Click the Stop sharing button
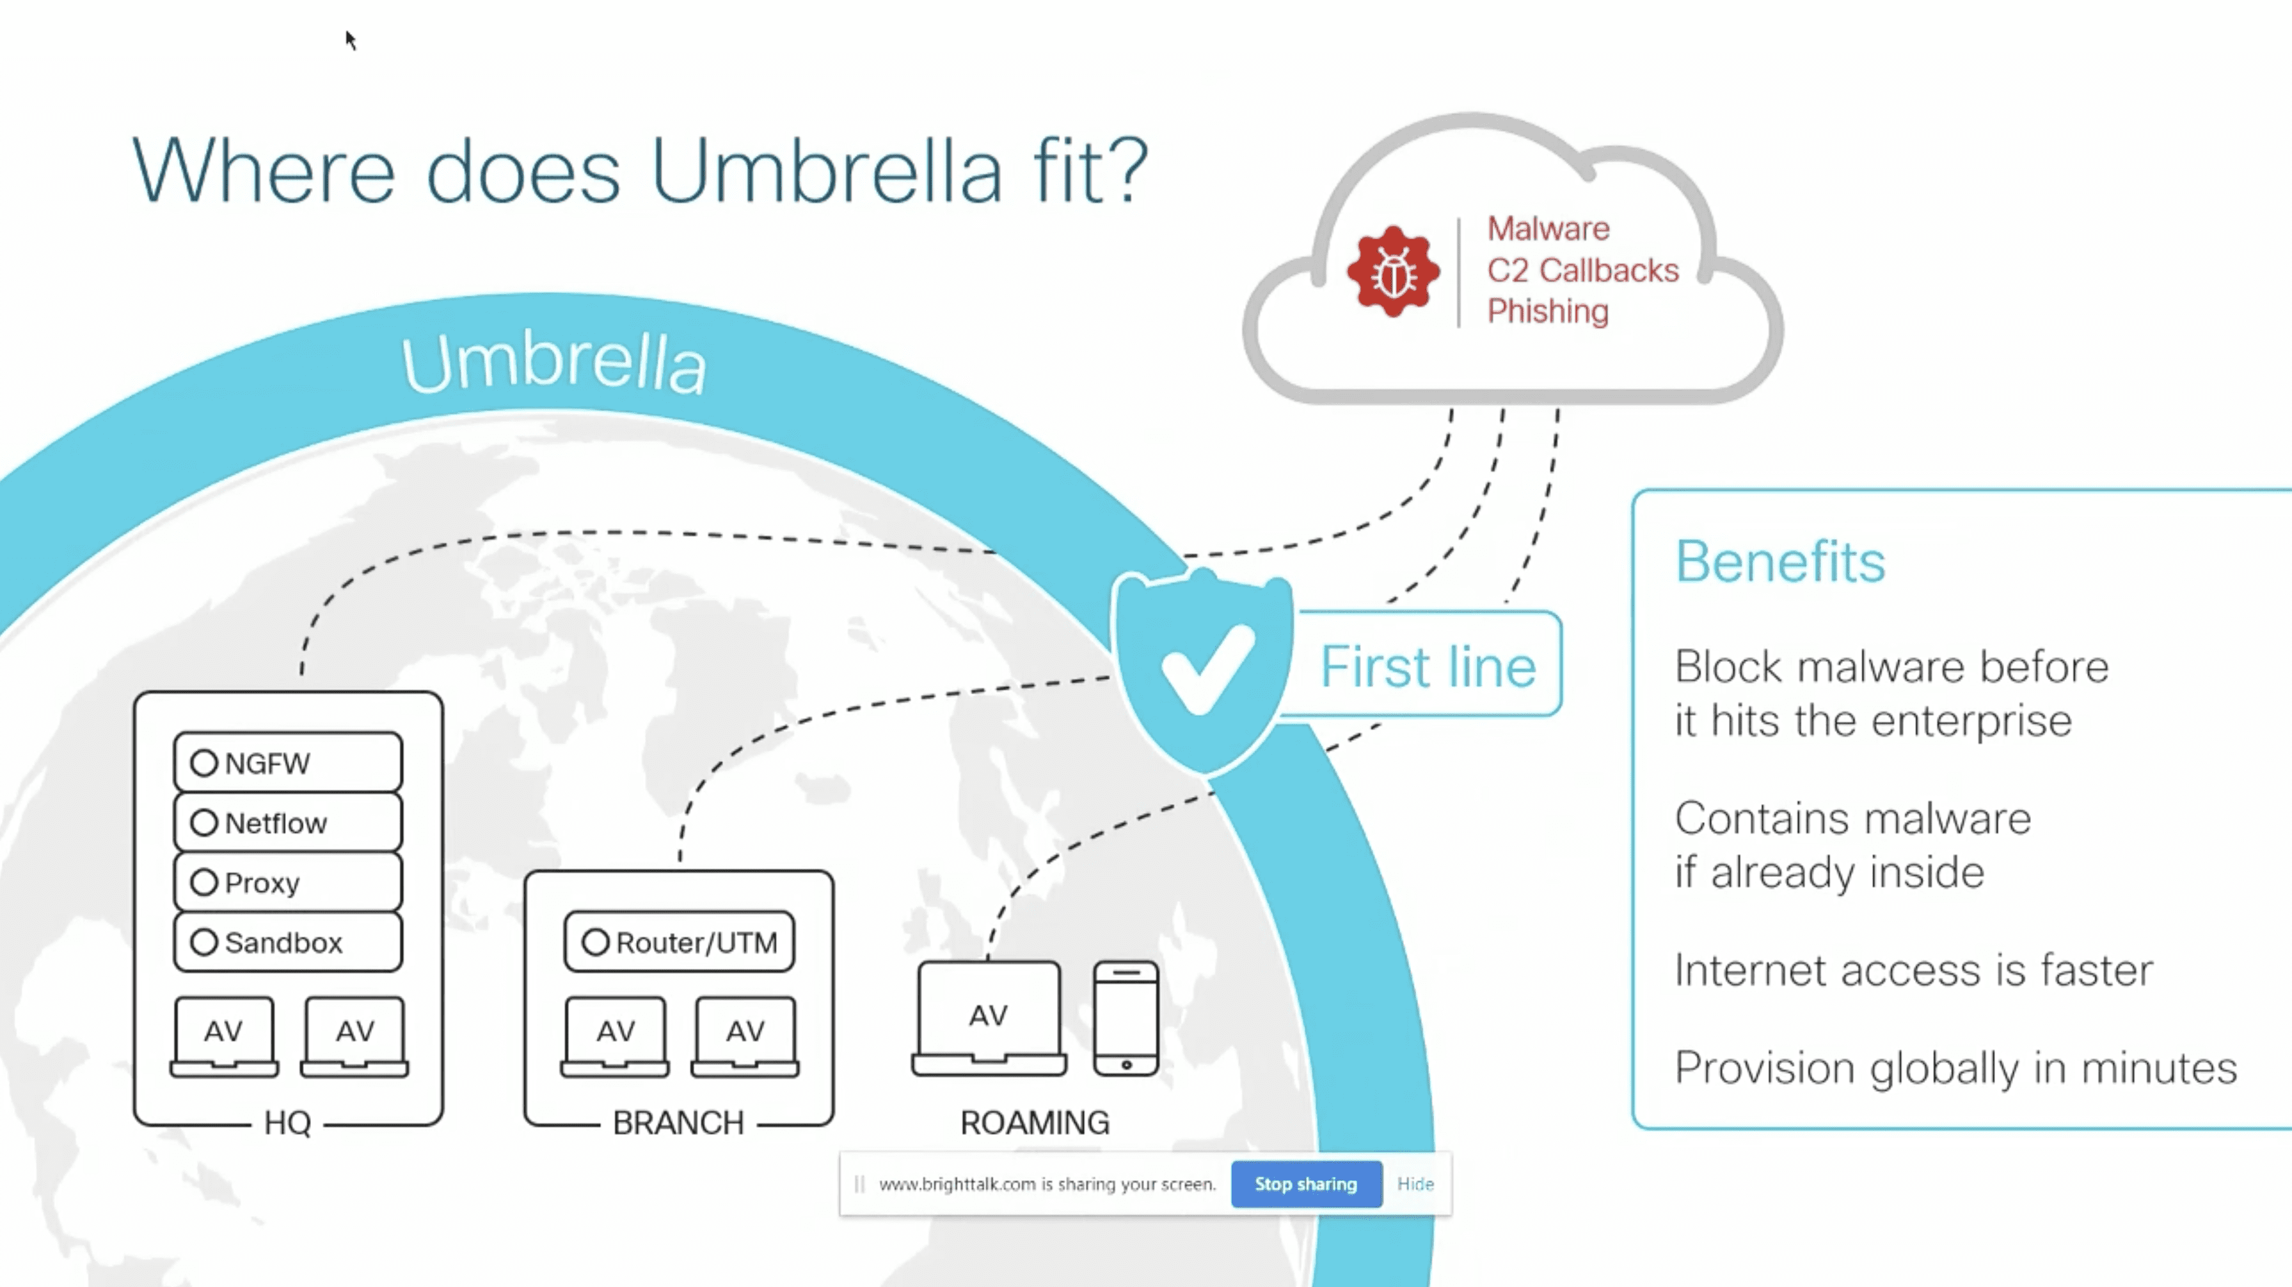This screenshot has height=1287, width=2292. point(1305,1184)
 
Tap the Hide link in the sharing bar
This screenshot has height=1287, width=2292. point(1415,1184)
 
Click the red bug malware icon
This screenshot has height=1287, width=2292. point(1392,272)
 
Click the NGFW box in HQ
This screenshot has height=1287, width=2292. point(287,762)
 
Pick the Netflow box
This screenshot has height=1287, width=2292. point(287,823)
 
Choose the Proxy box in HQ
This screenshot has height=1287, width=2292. point(287,882)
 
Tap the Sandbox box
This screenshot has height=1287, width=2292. point(287,942)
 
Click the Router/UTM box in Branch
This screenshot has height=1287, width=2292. point(679,942)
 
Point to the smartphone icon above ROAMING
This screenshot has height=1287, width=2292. point(1126,1018)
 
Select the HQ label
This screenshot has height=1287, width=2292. point(287,1123)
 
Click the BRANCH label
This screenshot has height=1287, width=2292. point(678,1123)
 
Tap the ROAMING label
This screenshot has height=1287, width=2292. point(1035,1123)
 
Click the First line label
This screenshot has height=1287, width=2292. point(1427,666)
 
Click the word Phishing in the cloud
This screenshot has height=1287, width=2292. point(1547,312)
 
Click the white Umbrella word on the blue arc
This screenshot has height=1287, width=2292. point(553,363)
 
